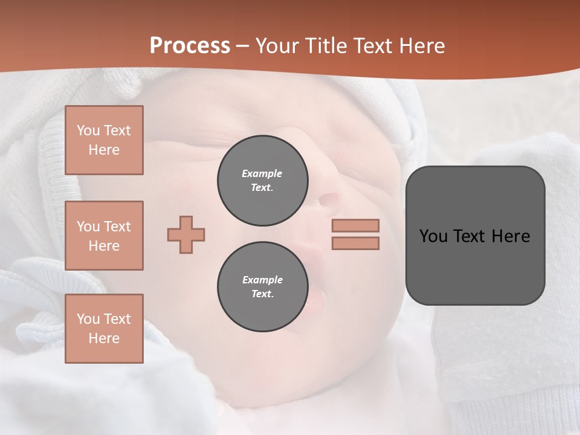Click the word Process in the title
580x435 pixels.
(190, 46)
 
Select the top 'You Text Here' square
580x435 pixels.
(104, 140)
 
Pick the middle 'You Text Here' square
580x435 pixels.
(104, 236)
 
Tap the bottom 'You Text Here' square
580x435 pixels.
(104, 329)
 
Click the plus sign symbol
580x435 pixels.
(186, 234)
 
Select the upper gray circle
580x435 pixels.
(263, 180)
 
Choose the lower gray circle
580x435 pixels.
(263, 286)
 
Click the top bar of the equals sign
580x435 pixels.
(355, 225)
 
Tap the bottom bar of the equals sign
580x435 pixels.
(355, 243)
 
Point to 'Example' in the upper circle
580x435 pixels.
(262, 173)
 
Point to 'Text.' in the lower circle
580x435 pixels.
(262, 294)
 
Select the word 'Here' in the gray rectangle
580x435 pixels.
(511, 236)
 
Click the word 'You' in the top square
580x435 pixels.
(88, 130)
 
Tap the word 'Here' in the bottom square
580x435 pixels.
(104, 338)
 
